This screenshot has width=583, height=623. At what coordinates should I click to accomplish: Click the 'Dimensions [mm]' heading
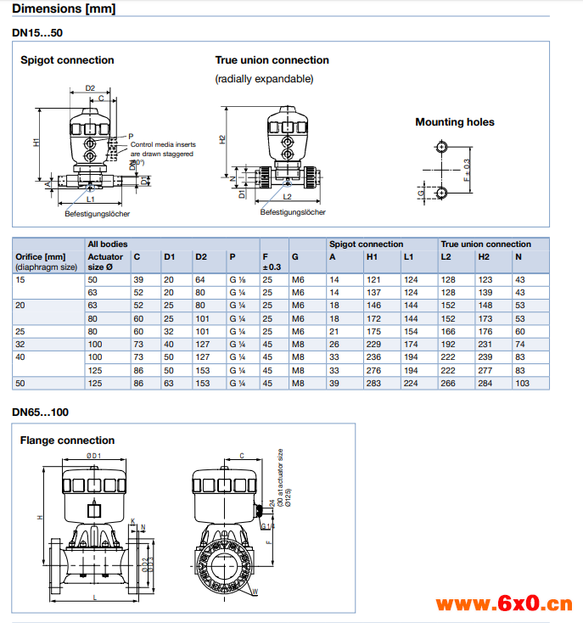coord(64,10)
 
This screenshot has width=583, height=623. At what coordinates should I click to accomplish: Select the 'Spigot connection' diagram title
coord(67,60)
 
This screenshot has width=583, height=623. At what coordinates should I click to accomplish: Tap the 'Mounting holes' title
coord(454,122)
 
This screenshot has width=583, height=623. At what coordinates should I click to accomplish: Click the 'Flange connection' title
coord(67,441)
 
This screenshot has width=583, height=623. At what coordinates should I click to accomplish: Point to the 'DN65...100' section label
coord(41,413)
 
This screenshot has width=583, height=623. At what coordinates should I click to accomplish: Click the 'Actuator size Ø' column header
coord(106,261)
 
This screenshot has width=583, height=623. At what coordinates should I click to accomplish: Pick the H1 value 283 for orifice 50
coord(373,384)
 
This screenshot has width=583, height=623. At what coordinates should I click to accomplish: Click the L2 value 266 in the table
coord(447,384)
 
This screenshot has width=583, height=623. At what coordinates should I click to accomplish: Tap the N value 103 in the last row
coord(522,384)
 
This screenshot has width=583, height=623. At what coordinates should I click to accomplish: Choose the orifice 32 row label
coord(20,344)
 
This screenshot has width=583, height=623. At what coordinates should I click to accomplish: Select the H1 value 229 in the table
coord(373,344)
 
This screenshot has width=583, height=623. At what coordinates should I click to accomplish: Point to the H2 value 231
coord(485,344)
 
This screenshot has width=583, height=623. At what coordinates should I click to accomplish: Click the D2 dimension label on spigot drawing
coord(90,88)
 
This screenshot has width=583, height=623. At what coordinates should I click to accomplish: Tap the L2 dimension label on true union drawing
coord(288,196)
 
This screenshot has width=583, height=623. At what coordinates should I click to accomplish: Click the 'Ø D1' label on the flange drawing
coord(93,457)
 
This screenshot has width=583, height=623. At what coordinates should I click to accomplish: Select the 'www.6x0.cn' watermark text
coord(504,604)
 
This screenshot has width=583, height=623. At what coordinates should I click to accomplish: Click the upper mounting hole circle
coord(441,147)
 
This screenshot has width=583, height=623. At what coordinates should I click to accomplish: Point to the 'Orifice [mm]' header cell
coord(40,256)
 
